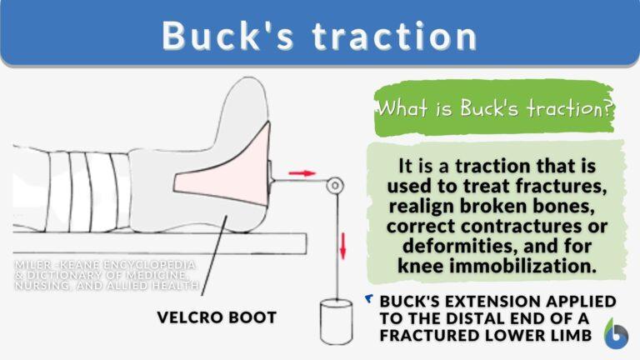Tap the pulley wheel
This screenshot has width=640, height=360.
coord(334,184)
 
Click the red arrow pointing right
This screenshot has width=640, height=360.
coord(302,173)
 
